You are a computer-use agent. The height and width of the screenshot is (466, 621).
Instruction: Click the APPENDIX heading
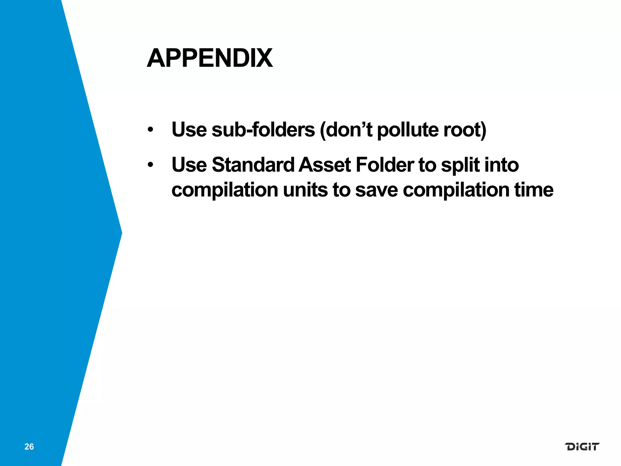210,58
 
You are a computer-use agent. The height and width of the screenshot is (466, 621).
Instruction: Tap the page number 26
29,447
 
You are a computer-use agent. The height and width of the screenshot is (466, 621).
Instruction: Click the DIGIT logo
582,447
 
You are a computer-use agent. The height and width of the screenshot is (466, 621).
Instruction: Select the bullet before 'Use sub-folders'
151,130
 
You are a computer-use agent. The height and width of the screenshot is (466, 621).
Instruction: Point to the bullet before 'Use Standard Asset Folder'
151,165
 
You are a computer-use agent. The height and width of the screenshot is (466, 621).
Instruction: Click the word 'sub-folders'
263,130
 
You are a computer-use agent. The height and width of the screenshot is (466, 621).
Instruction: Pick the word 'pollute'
408,130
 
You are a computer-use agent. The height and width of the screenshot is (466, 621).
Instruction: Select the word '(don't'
346,130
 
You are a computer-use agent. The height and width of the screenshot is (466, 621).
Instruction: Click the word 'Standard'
253,165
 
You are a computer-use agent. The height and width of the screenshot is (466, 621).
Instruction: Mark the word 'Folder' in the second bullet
385,165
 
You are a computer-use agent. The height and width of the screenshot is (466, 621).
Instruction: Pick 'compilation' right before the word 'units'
225,190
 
